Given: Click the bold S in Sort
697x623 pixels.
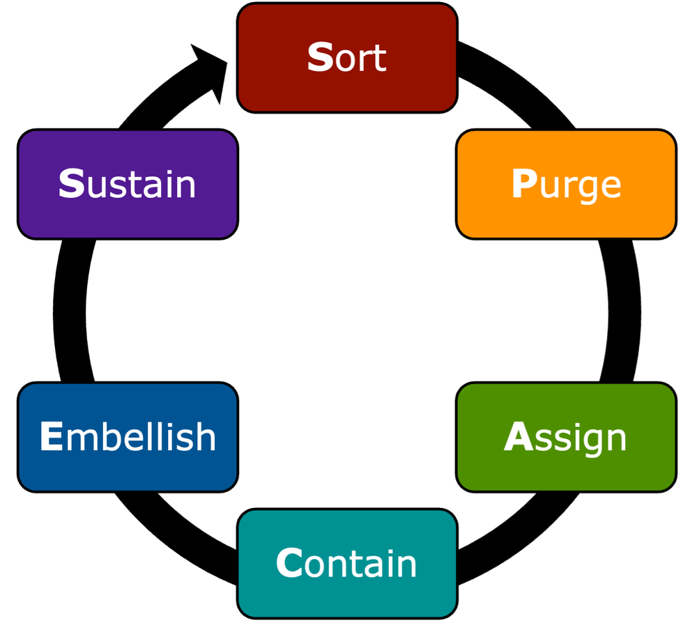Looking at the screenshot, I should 320,58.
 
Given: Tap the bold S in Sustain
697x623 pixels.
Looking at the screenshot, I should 71,185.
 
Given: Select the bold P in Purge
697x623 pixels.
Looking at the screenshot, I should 523,185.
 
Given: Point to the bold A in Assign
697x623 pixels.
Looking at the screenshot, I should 518,438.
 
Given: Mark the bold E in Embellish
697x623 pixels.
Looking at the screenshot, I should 51,438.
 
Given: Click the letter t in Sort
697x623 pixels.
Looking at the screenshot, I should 379,59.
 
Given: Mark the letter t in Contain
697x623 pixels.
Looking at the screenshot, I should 348,564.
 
